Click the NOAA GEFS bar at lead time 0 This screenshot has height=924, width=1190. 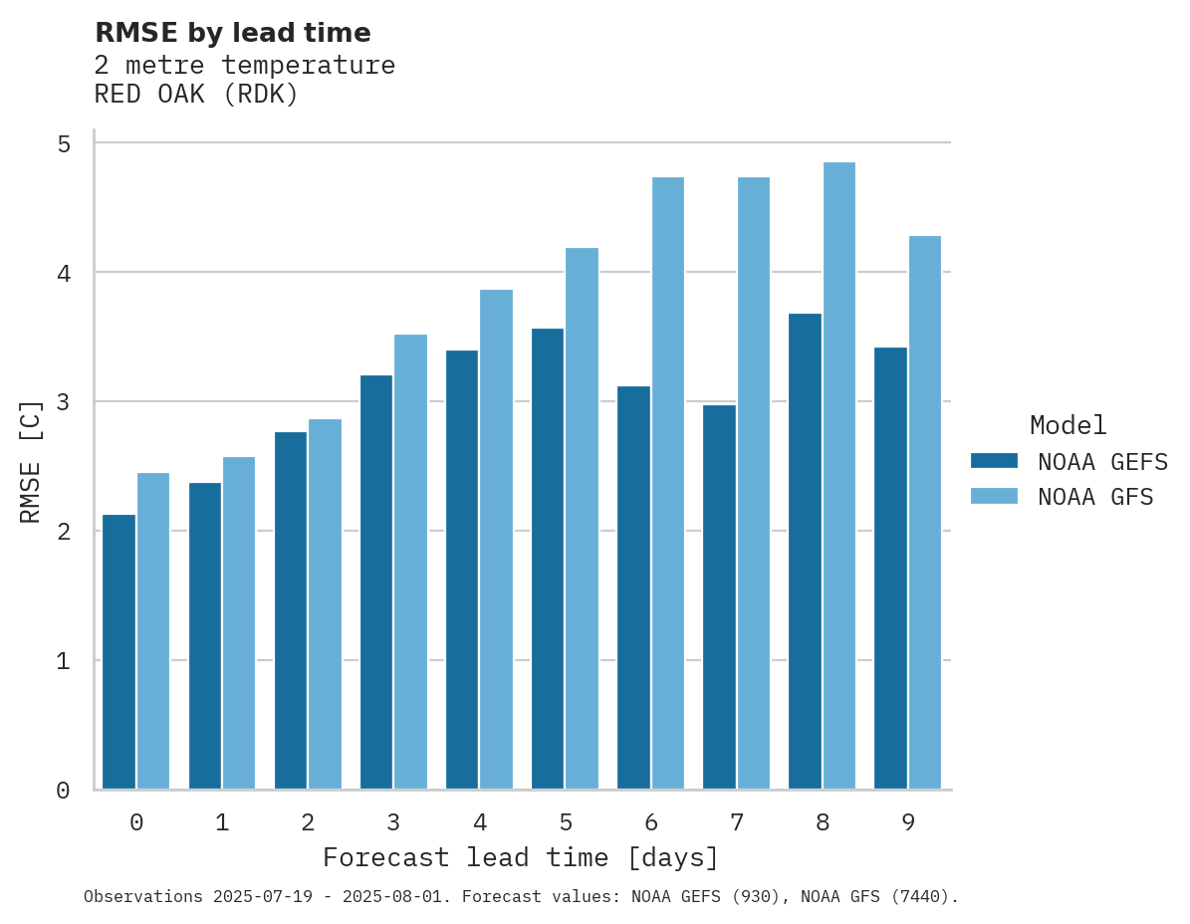pyautogui.click(x=119, y=652)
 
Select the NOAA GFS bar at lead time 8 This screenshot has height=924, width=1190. pyautogui.click(x=839, y=476)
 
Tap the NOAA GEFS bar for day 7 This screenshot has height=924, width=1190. pyautogui.click(x=719, y=597)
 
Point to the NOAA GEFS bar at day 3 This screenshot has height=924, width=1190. pyautogui.click(x=376, y=582)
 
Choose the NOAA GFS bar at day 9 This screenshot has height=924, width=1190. pyautogui.click(x=925, y=513)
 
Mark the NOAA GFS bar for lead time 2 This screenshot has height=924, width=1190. pyautogui.click(x=326, y=604)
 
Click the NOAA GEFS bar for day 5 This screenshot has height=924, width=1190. pyautogui.click(x=548, y=559)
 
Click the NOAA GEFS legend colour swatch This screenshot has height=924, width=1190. pyautogui.click(x=994, y=461)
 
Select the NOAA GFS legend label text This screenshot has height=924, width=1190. pyautogui.click(x=1095, y=497)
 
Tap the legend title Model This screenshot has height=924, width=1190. pyautogui.click(x=1068, y=426)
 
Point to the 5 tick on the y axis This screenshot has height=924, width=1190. pyautogui.click(x=64, y=144)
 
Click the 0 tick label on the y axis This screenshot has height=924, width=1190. pyautogui.click(x=64, y=791)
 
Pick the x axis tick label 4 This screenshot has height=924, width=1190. pyautogui.click(x=480, y=823)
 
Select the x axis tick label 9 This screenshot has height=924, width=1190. pyautogui.click(x=908, y=823)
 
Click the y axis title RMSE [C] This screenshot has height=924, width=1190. pyautogui.click(x=32, y=461)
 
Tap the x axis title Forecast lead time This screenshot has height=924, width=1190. pyautogui.click(x=520, y=858)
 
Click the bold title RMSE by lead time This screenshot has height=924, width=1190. pyautogui.click(x=232, y=33)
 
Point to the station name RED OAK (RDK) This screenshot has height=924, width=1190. pyautogui.click(x=196, y=96)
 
